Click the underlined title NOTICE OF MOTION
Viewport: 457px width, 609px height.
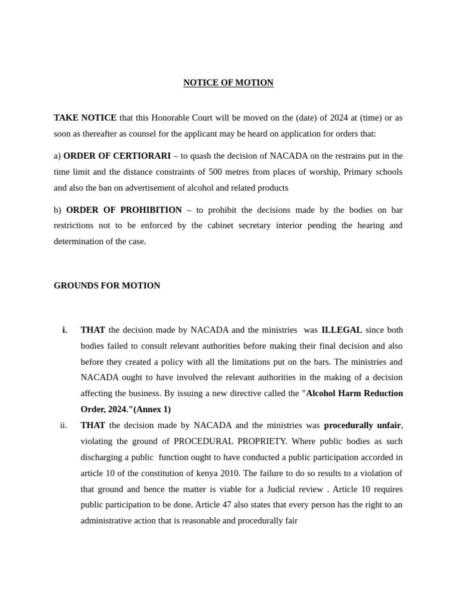[228, 83]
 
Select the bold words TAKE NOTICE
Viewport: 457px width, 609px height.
[84, 118]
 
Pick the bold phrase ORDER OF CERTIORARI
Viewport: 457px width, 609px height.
[117, 156]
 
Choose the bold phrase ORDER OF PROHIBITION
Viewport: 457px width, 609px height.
[124, 210]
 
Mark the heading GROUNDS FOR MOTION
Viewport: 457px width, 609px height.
[107, 285]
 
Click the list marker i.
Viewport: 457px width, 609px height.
[64, 330]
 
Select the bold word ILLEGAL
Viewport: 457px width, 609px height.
[342, 330]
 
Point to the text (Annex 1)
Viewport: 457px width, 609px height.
[152, 409]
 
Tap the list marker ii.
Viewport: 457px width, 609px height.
[64, 425]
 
